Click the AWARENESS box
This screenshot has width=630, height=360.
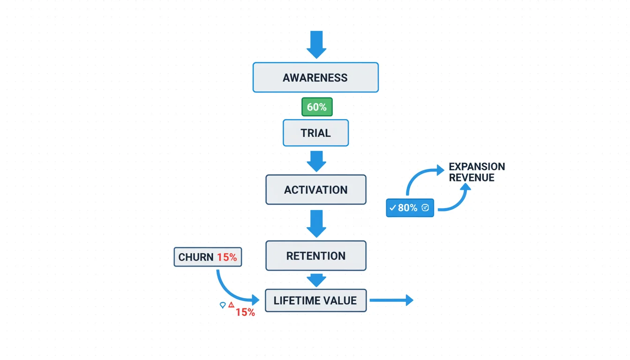click(x=315, y=77)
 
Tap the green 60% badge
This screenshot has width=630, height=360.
click(x=317, y=107)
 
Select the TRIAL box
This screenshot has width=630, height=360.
click(x=315, y=133)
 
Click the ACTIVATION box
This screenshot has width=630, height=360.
click(x=315, y=190)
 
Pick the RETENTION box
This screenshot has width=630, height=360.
click(x=315, y=256)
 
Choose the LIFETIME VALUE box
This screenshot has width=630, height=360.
click(x=315, y=300)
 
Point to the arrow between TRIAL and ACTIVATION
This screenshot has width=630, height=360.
click(x=316, y=161)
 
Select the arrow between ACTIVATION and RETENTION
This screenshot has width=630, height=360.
click(x=316, y=224)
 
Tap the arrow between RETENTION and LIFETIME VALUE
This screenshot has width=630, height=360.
click(x=316, y=280)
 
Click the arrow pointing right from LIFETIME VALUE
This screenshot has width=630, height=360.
click(x=391, y=300)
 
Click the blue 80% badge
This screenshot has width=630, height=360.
click(x=410, y=208)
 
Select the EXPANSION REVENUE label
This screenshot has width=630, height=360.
click(x=477, y=172)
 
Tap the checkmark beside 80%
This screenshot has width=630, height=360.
click(x=393, y=208)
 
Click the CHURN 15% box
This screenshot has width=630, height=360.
click(x=208, y=257)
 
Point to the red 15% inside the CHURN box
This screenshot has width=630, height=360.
click(x=227, y=257)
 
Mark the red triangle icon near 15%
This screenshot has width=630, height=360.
click(x=231, y=305)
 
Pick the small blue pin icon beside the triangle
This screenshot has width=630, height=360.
click(x=223, y=305)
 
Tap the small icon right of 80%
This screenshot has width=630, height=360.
click(x=425, y=208)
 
